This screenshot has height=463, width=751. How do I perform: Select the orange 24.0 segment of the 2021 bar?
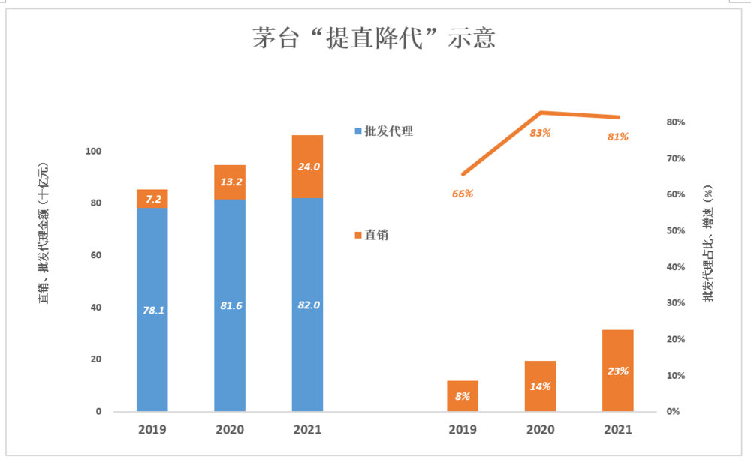point(307,167)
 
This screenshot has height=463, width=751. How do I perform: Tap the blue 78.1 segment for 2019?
point(152,309)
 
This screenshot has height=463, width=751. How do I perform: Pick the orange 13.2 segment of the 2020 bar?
point(230,182)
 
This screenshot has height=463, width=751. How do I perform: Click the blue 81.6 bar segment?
point(230,305)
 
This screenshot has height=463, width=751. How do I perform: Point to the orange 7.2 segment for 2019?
point(152,199)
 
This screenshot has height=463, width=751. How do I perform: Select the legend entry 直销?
point(375,236)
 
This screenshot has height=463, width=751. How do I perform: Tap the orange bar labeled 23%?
point(618,371)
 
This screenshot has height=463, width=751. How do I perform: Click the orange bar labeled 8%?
point(463,396)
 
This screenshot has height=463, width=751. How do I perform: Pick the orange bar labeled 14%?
point(540,386)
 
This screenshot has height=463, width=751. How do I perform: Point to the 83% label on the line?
point(540,133)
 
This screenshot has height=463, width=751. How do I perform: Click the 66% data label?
point(463,194)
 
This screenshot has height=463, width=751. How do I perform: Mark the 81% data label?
point(618,137)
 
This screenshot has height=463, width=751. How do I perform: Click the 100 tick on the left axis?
point(93,152)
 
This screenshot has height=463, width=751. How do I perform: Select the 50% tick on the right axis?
point(674,231)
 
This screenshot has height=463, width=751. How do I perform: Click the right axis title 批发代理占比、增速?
point(708,244)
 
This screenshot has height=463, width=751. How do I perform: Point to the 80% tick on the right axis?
point(674,122)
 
